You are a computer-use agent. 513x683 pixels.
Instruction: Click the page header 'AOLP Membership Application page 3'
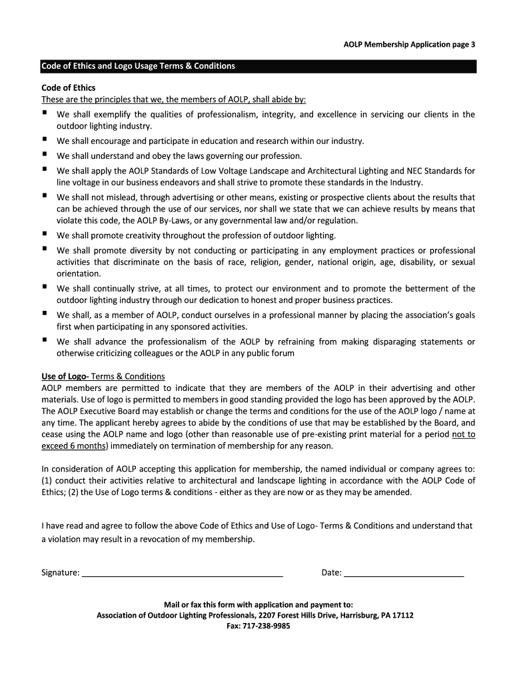coord(404,45)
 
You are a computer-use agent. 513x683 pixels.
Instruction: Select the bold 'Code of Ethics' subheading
coord(69,88)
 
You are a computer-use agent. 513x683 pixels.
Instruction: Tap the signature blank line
coord(183,572)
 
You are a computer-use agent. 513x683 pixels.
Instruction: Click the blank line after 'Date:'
coord(404,572)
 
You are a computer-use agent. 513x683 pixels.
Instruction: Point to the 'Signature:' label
coord(61,572)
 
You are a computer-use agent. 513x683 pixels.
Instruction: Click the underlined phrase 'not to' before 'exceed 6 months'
coord(463,434)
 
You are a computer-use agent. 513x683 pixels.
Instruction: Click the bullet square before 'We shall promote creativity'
coord(44,235)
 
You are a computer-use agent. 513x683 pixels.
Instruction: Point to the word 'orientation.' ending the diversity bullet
coord(79,273)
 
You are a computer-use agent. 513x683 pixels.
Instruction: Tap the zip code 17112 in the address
coord(402,615)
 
